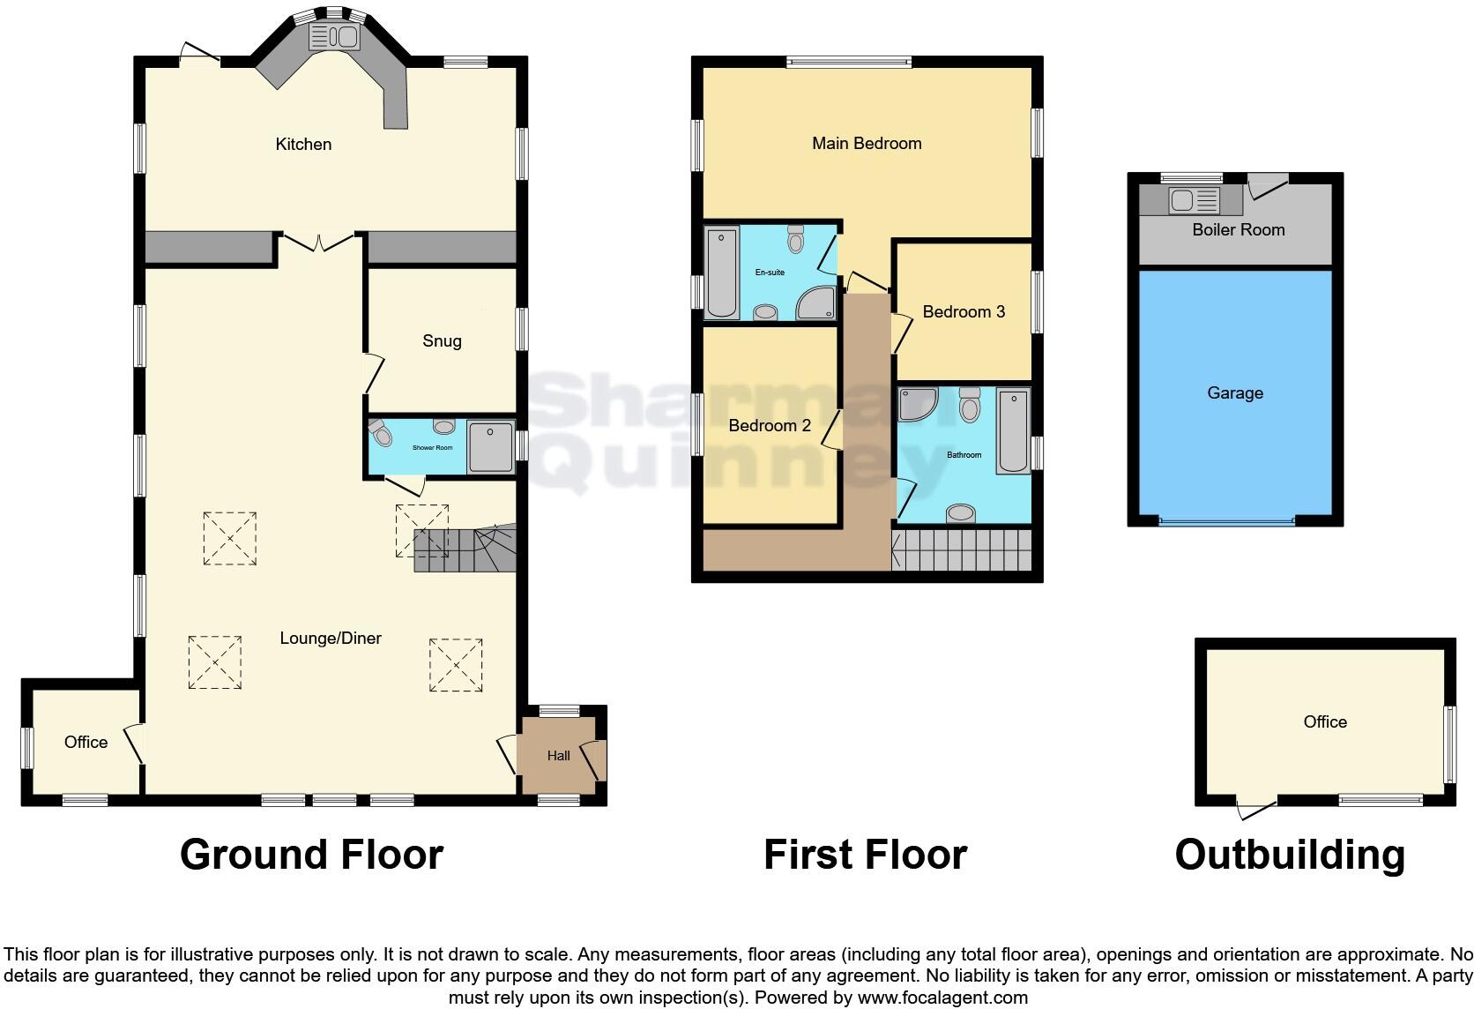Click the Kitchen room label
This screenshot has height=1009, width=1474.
[303, 144]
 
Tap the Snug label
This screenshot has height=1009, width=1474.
[442, 341]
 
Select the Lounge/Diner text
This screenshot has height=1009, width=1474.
[331, 638]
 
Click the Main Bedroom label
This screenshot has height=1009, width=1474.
[867, 143]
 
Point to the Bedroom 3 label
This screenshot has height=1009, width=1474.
[964, 311]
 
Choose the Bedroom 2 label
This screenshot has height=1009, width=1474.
[770, 425]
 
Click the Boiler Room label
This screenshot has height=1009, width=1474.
[1238, 229]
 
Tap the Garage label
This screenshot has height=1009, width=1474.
[1234, 392]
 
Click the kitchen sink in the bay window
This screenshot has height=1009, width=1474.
[332, 37]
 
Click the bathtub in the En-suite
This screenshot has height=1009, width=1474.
[722, 272]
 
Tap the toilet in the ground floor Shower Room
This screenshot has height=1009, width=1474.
[381, 434]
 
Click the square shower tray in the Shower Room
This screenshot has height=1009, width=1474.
[490, 448]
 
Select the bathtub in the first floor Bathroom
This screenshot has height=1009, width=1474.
[1014, 432]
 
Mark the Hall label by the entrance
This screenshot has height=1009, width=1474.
[558, 756]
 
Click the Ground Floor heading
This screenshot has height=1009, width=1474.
[311, 855]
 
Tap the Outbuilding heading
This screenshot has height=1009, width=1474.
[1290, 855]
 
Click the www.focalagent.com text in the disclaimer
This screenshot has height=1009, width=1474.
[942, 998]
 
